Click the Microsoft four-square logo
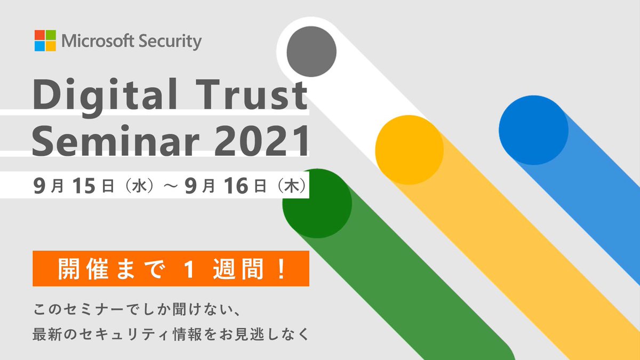(x=45, y=41)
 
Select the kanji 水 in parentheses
(x=138, y=186)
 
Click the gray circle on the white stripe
(x=311, y=51)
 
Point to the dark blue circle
(x=533, y=131)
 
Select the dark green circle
(x=317, y=203)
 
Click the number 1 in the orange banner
(x=187, y=269)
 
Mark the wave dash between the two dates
(x=171, y=186)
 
